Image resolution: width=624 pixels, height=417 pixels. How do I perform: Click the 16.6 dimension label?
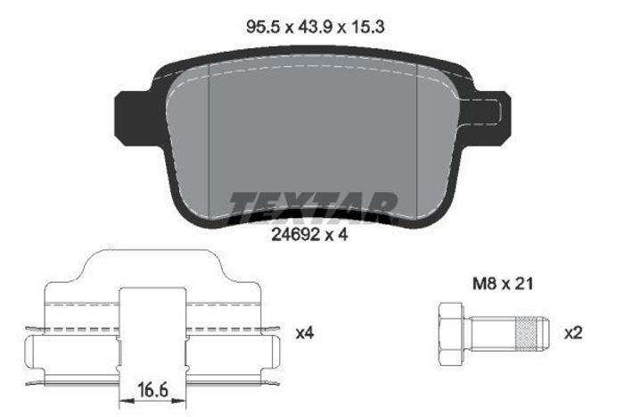[x=153, y=390]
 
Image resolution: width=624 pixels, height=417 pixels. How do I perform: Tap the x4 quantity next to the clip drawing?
[x=305, y=333]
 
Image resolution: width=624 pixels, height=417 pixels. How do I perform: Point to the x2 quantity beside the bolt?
[x=573, y=333]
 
